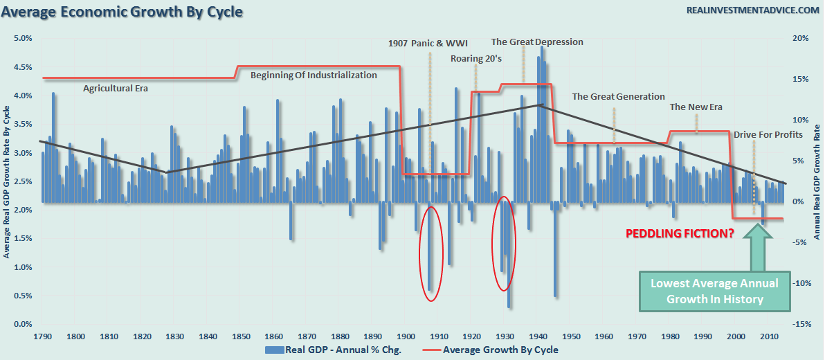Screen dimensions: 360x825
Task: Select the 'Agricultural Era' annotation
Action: (116, 89)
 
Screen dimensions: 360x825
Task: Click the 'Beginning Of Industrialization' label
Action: (314, 75)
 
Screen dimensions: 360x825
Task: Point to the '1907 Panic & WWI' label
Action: (428, 44)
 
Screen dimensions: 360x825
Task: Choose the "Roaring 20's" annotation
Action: (475, 58)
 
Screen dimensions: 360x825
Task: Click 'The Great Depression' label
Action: (537, 42)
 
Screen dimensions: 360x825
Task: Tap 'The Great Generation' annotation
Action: (618, 97)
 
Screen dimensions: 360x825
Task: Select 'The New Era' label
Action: (696, 107)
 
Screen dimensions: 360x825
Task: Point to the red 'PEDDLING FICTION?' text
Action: (680, 233)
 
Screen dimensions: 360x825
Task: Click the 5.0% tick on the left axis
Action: (24, 39)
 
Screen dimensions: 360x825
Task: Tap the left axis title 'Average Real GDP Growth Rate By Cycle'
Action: (7, 182)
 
